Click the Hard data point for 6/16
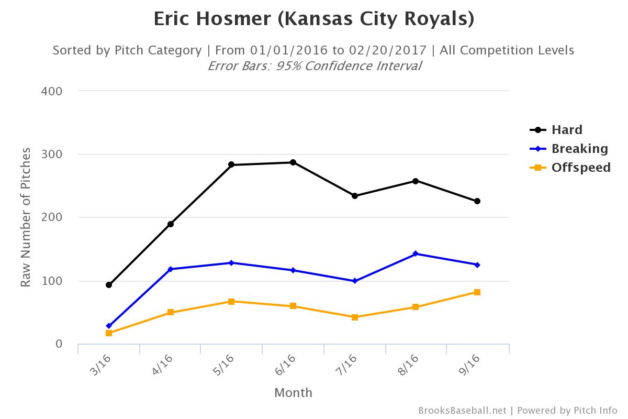pos(293,162)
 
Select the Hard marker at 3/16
pos(109,285)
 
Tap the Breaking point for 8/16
pos(416,253)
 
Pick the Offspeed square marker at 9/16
pos(477,292)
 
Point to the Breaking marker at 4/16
pos(171,269)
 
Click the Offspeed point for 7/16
pos(355,317)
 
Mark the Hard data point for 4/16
pos(171,224)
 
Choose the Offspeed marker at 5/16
pos(231,302)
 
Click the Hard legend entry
pos(566,130)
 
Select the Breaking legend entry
pos(579,149)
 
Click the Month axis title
pos(293,392)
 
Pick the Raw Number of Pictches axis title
pos(26,217)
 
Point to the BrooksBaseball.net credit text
pos(462,411)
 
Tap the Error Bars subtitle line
pos(314,66)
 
